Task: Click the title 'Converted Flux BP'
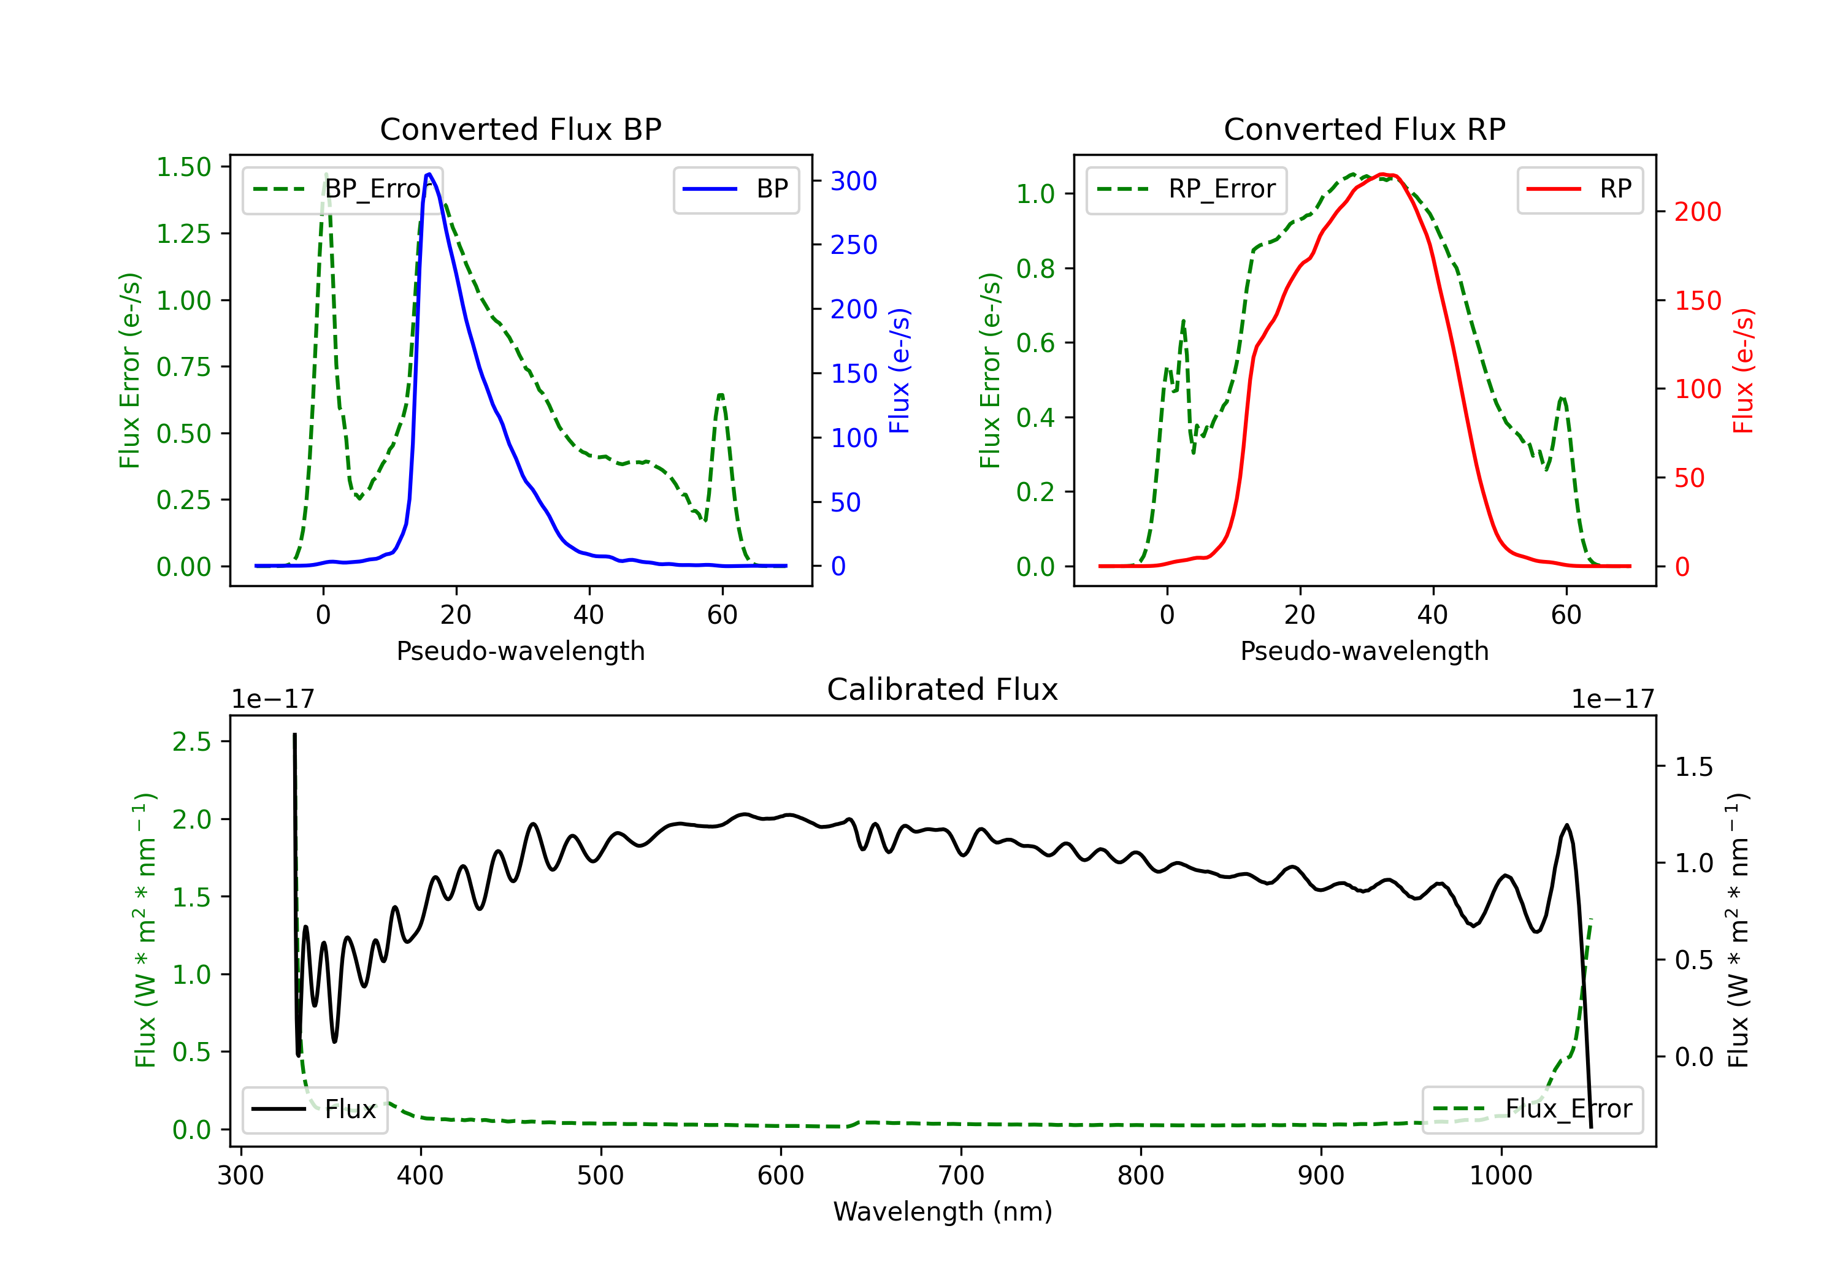point(520,129)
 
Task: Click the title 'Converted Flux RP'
point(1364,129)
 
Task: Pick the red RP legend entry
point(1579,189)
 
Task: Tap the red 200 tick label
point(1697,212)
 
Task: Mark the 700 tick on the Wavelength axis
point(960,1176)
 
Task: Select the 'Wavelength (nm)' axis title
point(943,1211)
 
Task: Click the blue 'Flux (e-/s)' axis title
point(899,370)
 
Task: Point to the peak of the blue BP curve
point(429,174)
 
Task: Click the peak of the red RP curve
point(1382,174)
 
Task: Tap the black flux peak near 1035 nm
point(1566,825)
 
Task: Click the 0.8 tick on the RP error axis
point(1035,269)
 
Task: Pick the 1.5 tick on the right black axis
point(1693,767)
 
